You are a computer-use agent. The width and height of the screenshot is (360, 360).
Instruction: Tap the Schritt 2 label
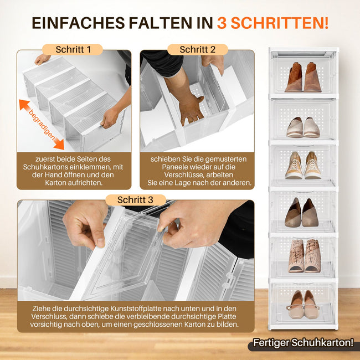click(197, 49)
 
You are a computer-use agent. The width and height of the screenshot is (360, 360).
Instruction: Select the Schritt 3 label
click(135, 199)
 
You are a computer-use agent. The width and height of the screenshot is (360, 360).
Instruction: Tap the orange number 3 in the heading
click(222, 23)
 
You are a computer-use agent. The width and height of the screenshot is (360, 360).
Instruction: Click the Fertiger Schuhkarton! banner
click(302, 343)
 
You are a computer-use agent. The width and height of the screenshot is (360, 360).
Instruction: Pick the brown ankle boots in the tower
click(303, 77)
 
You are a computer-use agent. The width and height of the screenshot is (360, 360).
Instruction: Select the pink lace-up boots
click(304, 255)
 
